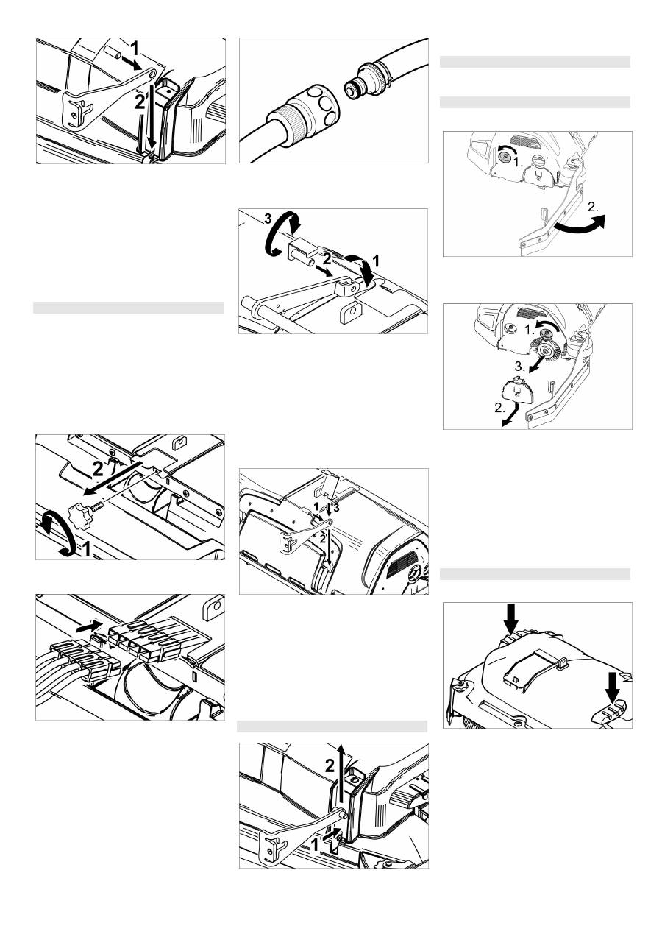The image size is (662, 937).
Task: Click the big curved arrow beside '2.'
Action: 580,224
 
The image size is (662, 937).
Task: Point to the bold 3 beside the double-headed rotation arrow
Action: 268,219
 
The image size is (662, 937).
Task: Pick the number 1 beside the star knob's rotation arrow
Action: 85,548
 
